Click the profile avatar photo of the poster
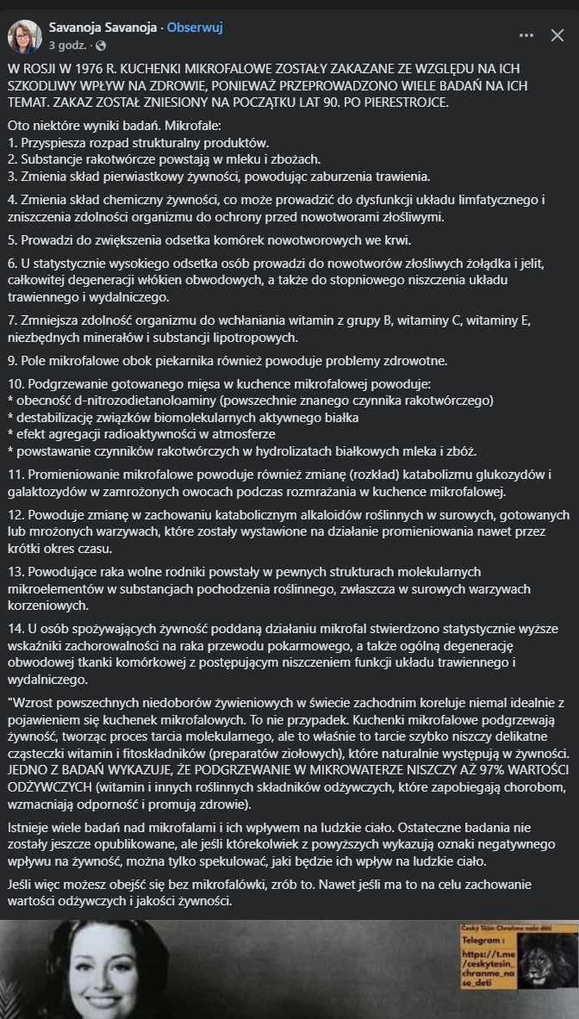[25, 36]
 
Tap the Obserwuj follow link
[195, 28]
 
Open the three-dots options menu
[526, 36]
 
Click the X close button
[557, 36]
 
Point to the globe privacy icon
[102, 45]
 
